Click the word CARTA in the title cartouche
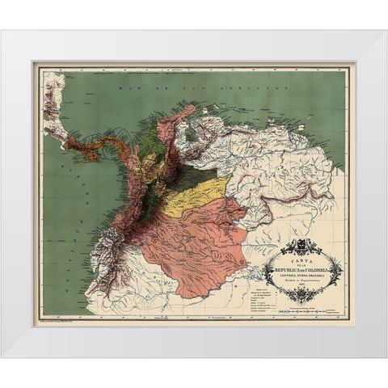tap(300, 254)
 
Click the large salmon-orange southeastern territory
tap(202, 242)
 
